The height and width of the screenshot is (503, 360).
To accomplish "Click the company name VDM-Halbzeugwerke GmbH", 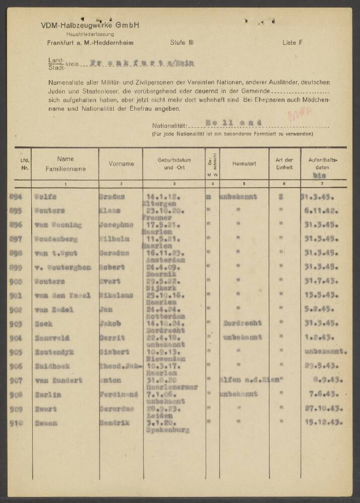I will [x=91, y=25].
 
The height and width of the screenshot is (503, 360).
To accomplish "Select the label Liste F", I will [x=292, y=43].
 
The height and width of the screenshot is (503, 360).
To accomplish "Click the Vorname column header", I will [x=121, y=164].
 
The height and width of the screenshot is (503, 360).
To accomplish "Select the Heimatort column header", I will [x=244, y=164].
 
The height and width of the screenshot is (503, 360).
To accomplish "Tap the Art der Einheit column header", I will [x=284, y=164].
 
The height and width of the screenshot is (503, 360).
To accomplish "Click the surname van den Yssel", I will [x=62, y=296].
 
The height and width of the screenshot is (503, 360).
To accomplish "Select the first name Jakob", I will [x=109, y=324].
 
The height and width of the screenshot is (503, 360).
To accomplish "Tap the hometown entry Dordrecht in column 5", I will [x=245, y=324].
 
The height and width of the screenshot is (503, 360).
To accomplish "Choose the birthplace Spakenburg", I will [x=164, y=431].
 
